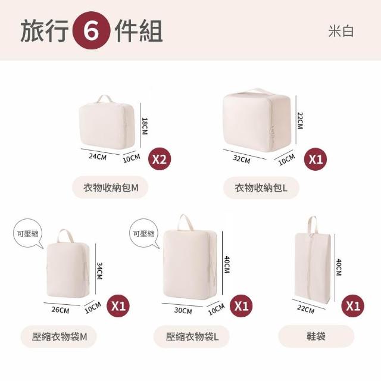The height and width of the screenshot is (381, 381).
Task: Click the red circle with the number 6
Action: tap(91, 30)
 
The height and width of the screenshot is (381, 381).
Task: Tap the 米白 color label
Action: tap(341, 32)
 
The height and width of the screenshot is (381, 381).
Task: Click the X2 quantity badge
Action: tap(160, 159)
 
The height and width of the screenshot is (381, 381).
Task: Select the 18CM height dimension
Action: tap(145, 126)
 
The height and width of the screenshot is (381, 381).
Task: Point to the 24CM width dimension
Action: tap(98, 156)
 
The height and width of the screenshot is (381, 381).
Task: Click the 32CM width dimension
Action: tap(242, 159)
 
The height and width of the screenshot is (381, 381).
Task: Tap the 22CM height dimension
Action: tap(300, 120)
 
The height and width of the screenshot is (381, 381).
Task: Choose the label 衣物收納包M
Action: tap(111, 188)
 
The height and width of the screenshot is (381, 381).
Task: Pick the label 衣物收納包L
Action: tap(261, 188)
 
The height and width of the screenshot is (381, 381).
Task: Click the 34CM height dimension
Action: tap(99, 271)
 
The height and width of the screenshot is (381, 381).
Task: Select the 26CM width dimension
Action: tap(60, 310)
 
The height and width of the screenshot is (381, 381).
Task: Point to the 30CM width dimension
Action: tap(183, 311)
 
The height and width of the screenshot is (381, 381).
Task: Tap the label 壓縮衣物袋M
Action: tap(59, 337)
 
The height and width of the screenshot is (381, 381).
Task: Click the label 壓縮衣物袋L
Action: tap(192, 337)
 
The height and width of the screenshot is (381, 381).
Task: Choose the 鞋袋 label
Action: tap(316, 336)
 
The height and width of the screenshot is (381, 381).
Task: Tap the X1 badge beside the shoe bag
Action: tap(353, 305)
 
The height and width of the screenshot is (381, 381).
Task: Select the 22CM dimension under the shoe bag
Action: tap(305, 309)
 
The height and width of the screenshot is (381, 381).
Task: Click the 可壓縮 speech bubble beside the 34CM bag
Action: tap(27, 233)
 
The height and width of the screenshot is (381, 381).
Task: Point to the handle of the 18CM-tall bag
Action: tap(105, 99)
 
